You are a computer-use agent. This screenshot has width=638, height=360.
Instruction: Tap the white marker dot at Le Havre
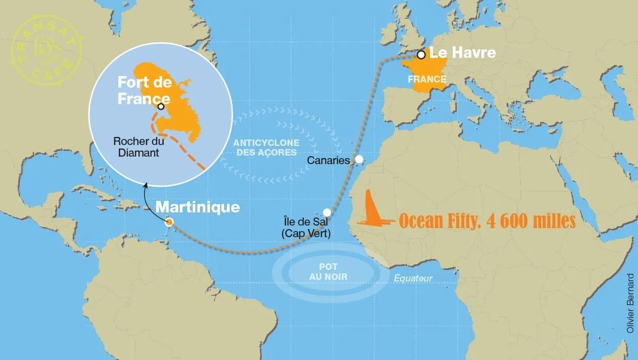421,54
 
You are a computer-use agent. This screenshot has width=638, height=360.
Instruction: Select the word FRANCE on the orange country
427,79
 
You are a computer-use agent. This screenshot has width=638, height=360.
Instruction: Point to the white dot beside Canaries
359,159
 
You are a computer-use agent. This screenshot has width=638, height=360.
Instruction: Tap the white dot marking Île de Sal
327,212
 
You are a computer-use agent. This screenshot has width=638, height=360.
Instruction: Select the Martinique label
198,207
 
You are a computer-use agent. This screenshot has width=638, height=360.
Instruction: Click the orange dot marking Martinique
170,222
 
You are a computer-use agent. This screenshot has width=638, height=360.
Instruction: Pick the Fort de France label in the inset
144,91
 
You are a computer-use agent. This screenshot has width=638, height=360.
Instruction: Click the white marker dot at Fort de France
161,106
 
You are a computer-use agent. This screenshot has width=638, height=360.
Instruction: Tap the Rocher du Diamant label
139,147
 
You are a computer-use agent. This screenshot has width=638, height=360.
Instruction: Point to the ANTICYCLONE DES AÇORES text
267,148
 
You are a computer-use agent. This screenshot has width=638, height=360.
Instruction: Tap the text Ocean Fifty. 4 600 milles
487,221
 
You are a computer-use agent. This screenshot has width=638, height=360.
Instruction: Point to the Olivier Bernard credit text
630,303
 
